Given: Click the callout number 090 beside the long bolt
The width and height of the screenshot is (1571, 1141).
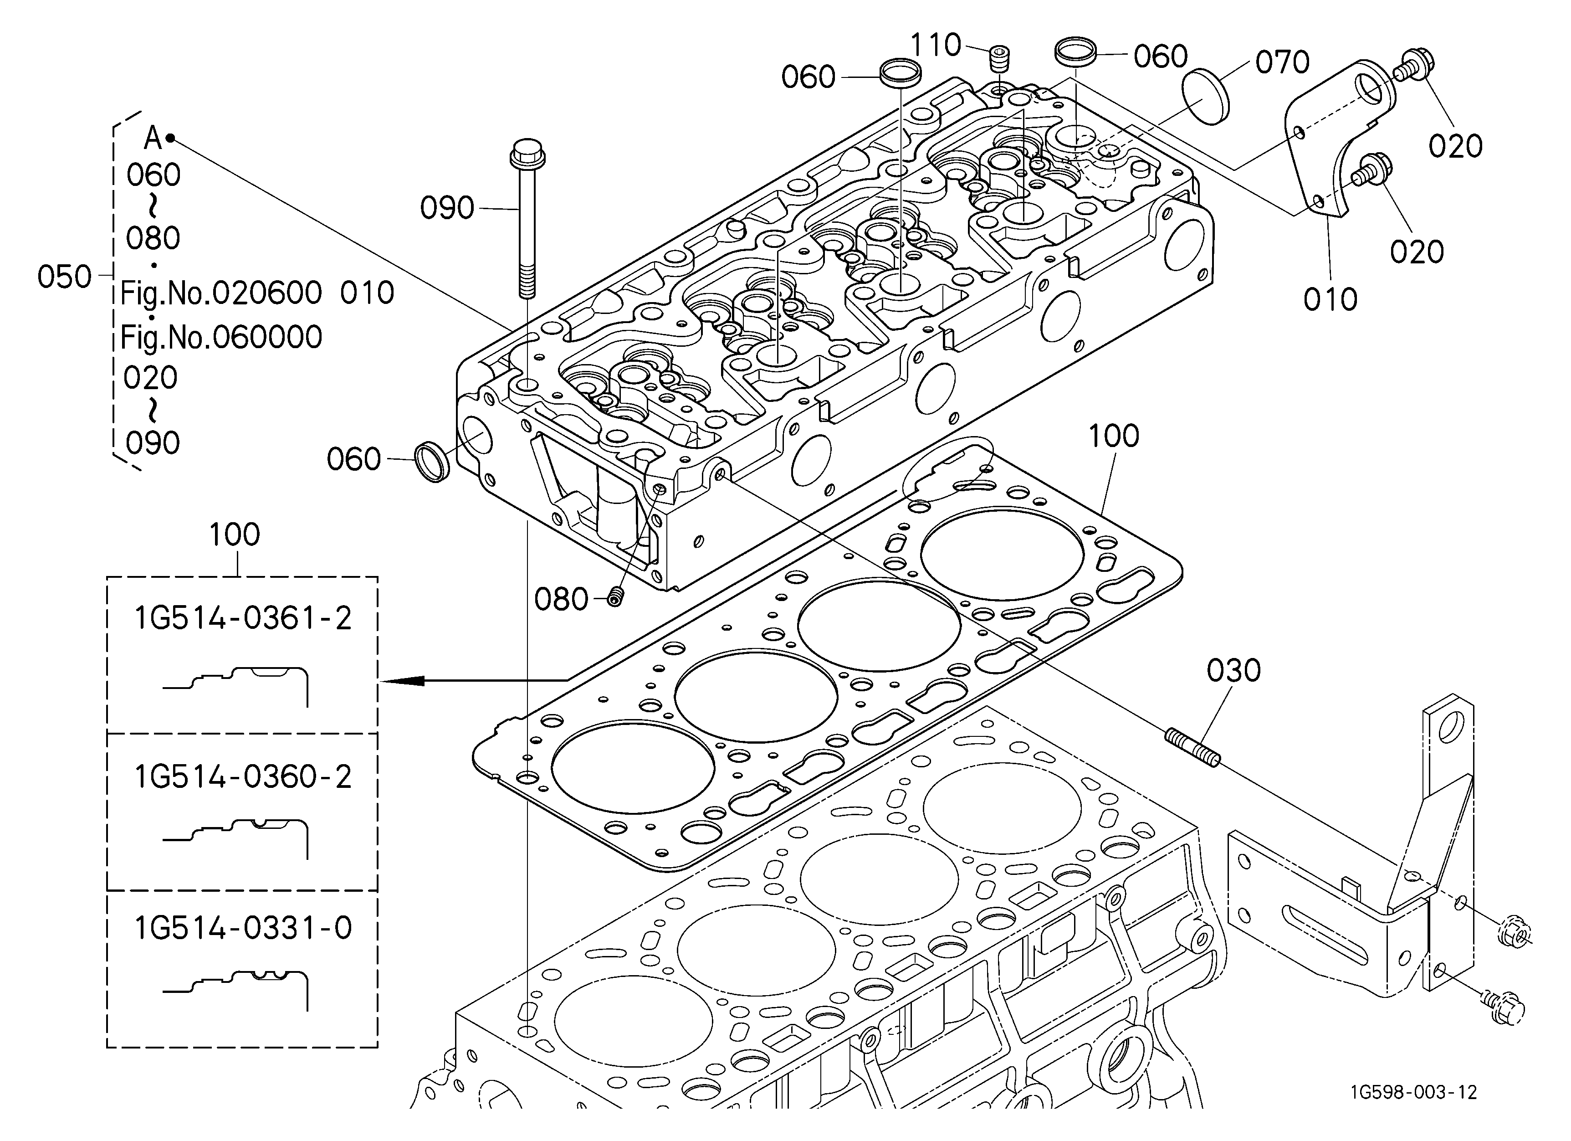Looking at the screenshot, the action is point(447,208).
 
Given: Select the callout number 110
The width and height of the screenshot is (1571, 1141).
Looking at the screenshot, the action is point(935,46).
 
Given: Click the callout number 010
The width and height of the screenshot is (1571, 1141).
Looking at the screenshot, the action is point(1330,299).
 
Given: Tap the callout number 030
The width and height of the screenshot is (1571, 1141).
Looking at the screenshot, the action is point(1233,671).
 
